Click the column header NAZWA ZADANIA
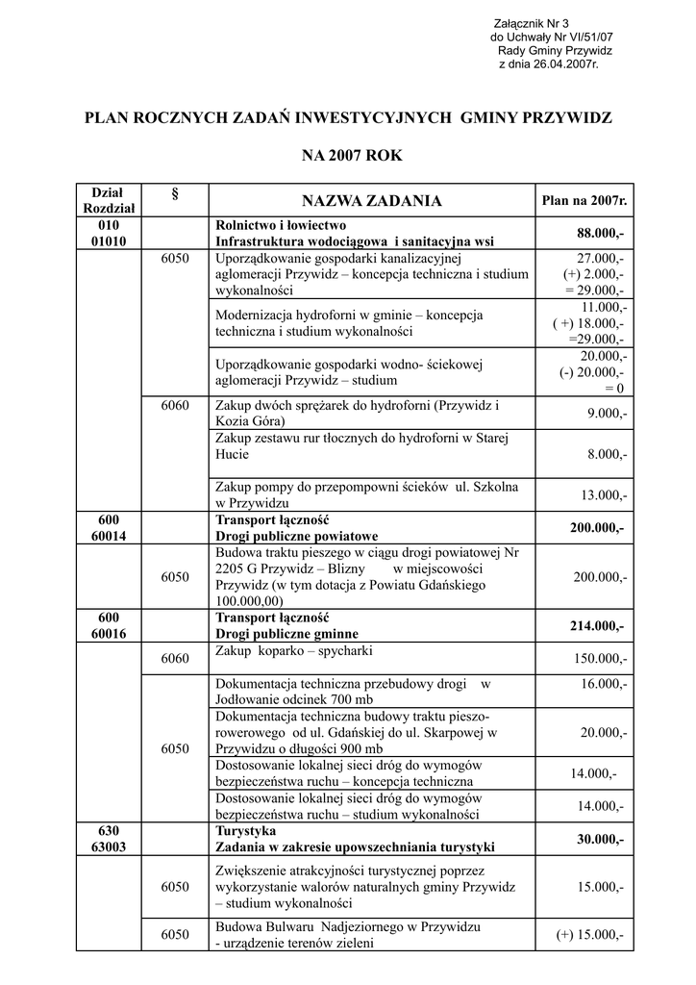coord(372,201)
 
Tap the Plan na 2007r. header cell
coord(584,201)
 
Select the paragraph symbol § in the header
coord(175,194)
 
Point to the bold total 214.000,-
coord(596,626)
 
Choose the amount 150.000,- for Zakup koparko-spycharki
coord(600,659)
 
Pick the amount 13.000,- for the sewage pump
coord(603,495)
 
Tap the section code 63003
coord(109,846)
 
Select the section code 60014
coord(109,536)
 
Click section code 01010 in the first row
coord(109,241)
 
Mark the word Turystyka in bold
coord(246,830)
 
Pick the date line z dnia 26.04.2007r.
coord(548,63)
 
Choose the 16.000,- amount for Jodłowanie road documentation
coord(604,683)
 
